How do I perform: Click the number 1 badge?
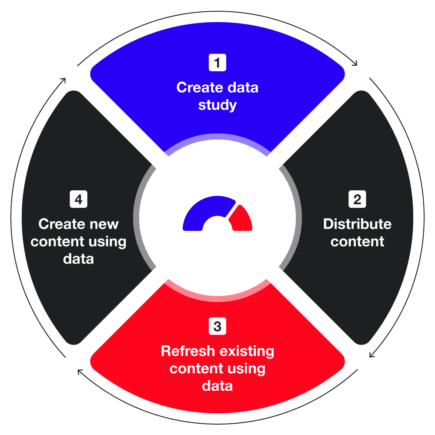coord(217,63)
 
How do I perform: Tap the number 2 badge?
coord(357,200)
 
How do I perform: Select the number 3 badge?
coord(217,326)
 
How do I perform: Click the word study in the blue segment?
coord(217,106)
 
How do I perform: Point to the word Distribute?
coord(357,224)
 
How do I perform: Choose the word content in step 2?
coord(357,242)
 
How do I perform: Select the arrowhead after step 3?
coord(79,371)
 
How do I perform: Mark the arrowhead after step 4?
coord(64,80)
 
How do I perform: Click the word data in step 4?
coord(78,259)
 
